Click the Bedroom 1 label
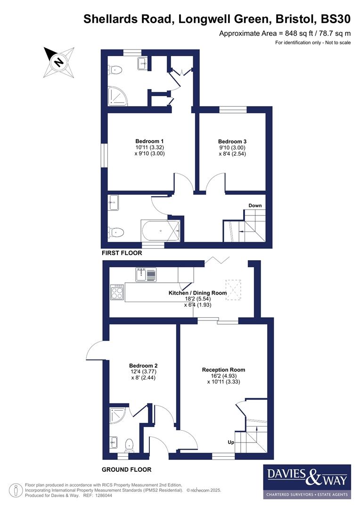149,141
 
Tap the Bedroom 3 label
232,141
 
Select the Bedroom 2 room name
143,366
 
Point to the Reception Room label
223,370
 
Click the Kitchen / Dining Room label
198,293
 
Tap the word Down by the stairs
255,205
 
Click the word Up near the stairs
231,443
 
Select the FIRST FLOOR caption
122,253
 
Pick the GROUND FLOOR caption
127,469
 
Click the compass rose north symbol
59,62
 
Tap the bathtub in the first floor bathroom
160,231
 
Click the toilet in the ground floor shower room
130,444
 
